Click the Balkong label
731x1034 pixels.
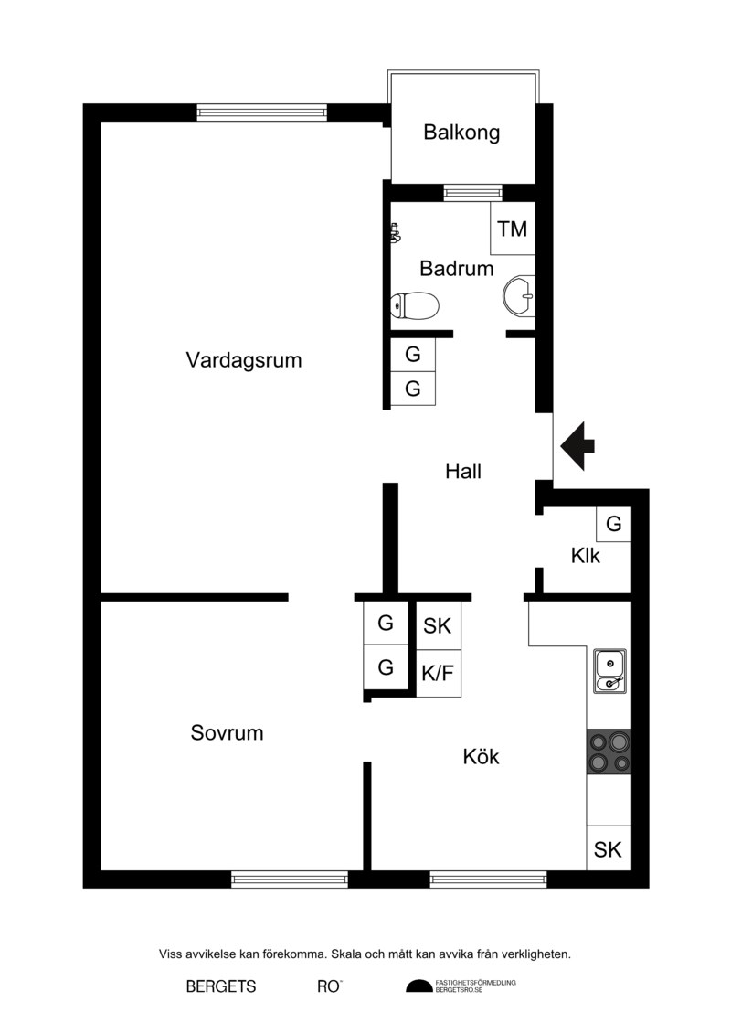pyautogui.click(x=461, y=133)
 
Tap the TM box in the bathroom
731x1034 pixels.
pyautogui.click(x=513, y=229)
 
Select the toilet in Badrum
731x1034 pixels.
pyautogui.click(x=414, y=305)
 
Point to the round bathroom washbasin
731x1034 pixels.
pyautogui.click(x=519, y=295)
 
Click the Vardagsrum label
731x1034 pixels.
pyautogui.click(x=244, y=360)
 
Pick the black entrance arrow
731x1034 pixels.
pyautogui.click(x=577, y=446)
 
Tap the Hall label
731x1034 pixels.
pyautogui.click(x=463, y=472)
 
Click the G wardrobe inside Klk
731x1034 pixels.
pyautogui.click(x=614, y=524)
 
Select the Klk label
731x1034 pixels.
pyautogui.click(x=586, y=556)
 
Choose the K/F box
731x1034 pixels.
pyautogui.click(x=439, y=673)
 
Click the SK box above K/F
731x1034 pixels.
pyautogui.click(x=439, y=626)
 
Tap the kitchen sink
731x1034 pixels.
pyautogui.click(x=609, y=671)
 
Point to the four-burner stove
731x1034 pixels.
pyautogui.click(x=609, y=752)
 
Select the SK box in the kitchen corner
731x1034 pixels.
pyautogui.click(x=609, y=848)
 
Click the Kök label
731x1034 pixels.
pyautogui.click(x=482, y=756)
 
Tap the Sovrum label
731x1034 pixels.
pyautogui.click(x=227, y=732)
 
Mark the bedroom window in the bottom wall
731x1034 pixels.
pyautogui.click(x=290, y=879)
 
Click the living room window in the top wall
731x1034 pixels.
pyautogui.click(x=262, y=112)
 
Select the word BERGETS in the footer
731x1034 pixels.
pyautogui.click(x=221, y=986)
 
